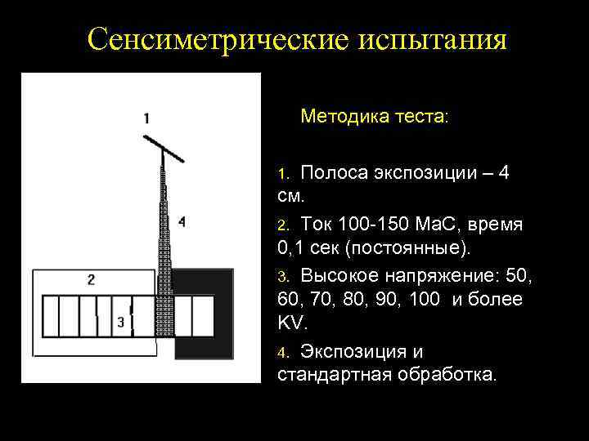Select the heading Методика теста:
(x=375, y=117)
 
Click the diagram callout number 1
(x=146, y=118)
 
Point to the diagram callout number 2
(x=91, y=279)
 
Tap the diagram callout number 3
(x=121, y=321)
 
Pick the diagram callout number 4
(x=181, y=220)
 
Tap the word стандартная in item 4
(x=335, y=376)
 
